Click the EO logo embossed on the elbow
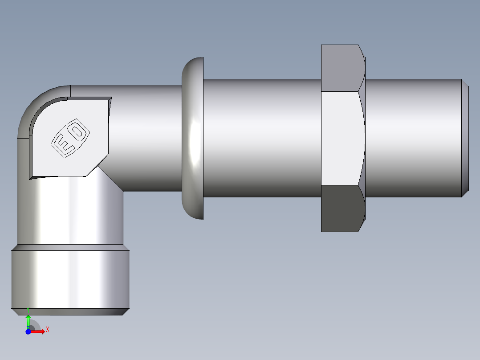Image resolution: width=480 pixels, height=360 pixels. tap(69, 138)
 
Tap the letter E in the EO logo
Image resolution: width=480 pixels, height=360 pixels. tap(62, 145)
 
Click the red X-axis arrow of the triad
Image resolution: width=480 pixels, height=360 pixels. tap(39, 331)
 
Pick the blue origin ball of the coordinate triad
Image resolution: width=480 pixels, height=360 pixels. tap(28, 331)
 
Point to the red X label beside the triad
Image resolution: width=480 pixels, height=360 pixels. tap(47, 329)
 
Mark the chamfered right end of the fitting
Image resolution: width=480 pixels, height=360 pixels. tap(465, 138)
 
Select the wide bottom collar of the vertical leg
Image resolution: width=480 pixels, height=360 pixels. tap(70, 278)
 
